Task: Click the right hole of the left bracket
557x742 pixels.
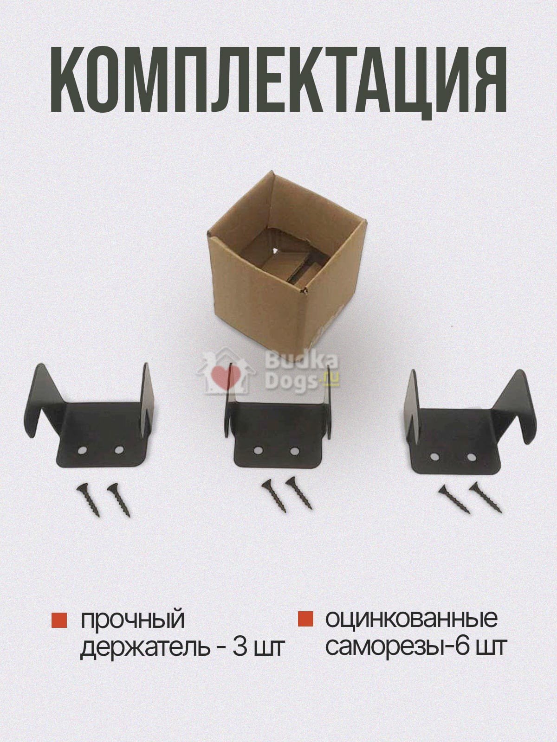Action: (x=119, y=450)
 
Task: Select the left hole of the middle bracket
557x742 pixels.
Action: (x=258, y=451)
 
